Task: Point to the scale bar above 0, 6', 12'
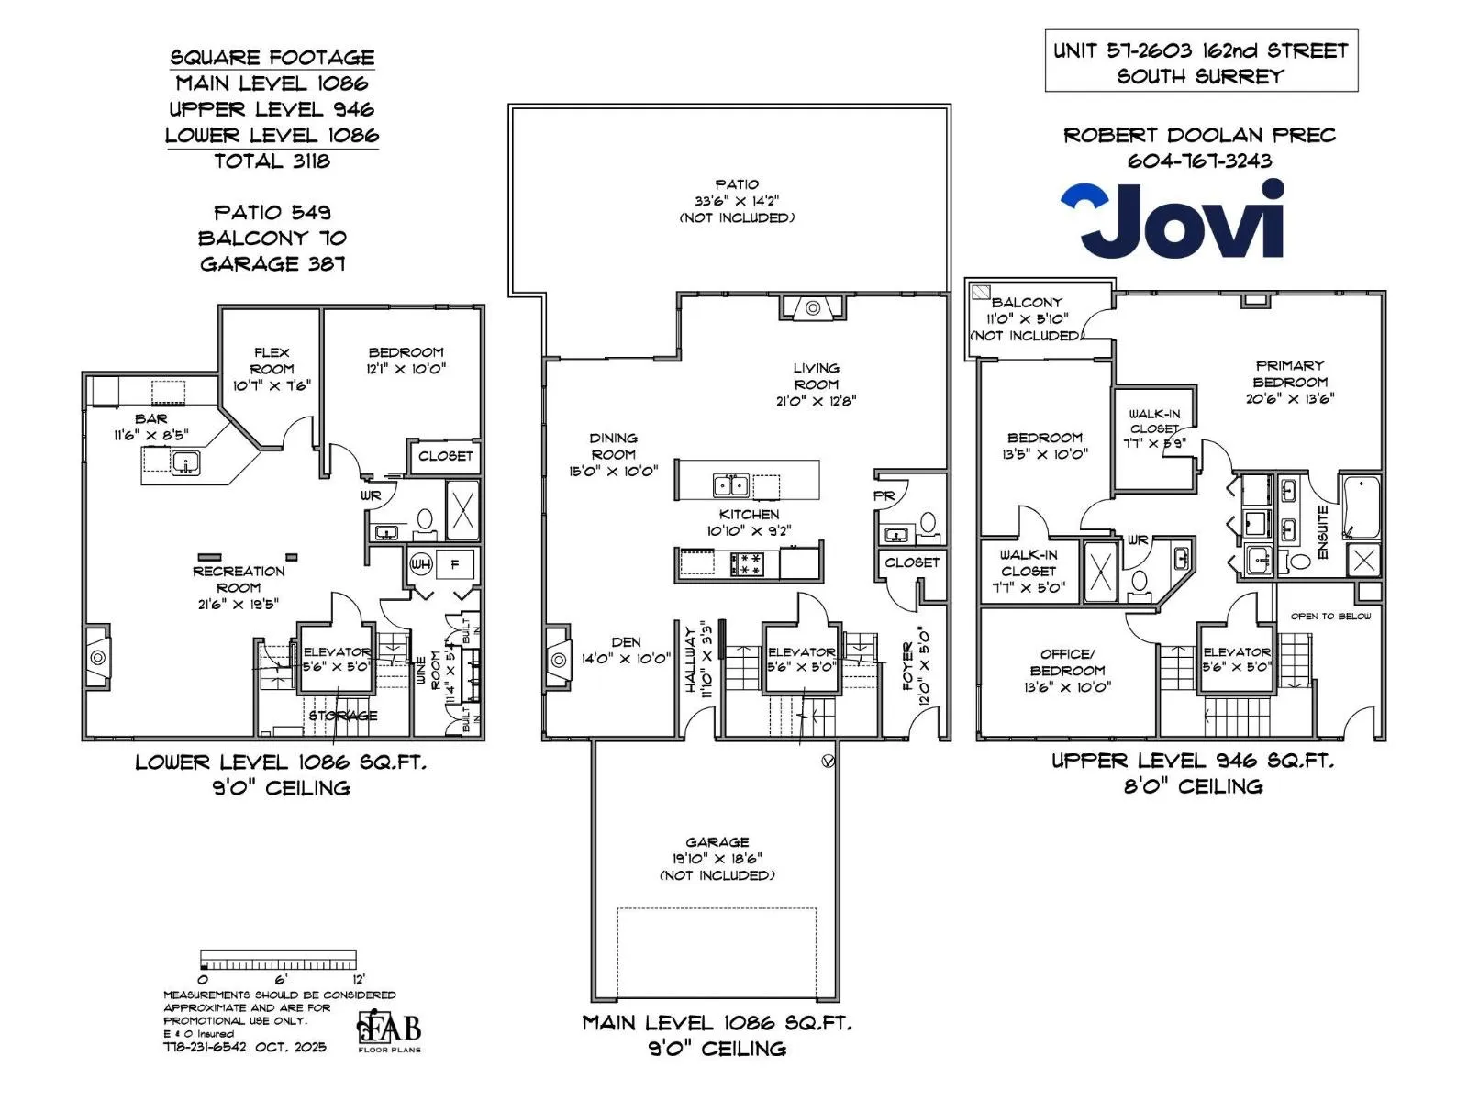[x=278, y=960]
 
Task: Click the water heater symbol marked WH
[x=420, y=563]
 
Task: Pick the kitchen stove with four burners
[x=746, y=562]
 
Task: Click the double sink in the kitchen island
[x=730, y=484]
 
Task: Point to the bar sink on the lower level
[x=185, y=462]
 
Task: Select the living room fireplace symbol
[x=813, y=307]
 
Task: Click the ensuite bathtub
[x=1361, y=506]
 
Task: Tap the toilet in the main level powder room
[x=929, y=525]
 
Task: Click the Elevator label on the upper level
[x=1236, y=651]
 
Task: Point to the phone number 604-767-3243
[x=1199, y=161]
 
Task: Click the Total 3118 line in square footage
[x=272, y=161]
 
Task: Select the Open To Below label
[x=1330, y=616]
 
